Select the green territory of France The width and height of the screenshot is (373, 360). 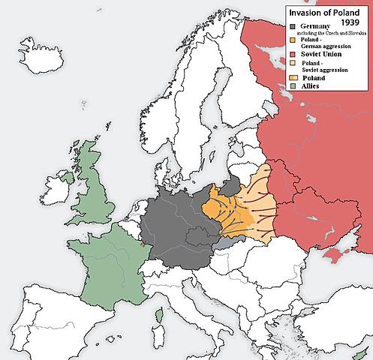click(105, 259)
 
